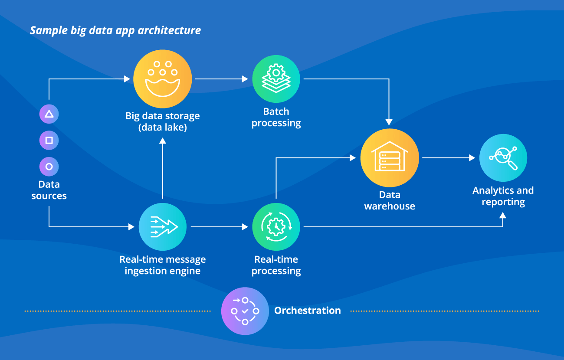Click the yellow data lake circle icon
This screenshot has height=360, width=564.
click(162, 79)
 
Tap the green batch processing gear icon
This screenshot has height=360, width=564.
click(276, 79)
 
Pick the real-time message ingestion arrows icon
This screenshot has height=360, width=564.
click(162, 226)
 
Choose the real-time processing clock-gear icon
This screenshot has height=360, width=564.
click(276, 226)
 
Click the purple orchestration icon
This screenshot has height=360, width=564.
click(245, 311)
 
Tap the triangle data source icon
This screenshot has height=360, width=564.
click(49, 114)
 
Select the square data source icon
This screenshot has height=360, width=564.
click(49, 140)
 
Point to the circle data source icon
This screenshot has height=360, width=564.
click(49, 166)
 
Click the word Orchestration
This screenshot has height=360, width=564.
click(307, 311)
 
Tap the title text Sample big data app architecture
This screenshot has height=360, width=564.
click(115, 30)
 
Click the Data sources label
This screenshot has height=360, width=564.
click(49, 190)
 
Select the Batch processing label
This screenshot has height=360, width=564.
click(276, 117)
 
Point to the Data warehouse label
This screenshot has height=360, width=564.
click(390, 200)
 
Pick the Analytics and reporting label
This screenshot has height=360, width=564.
click(503, 196)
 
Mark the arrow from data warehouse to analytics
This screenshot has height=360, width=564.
click(448, 158)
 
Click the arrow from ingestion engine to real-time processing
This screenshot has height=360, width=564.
click(219, 226)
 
